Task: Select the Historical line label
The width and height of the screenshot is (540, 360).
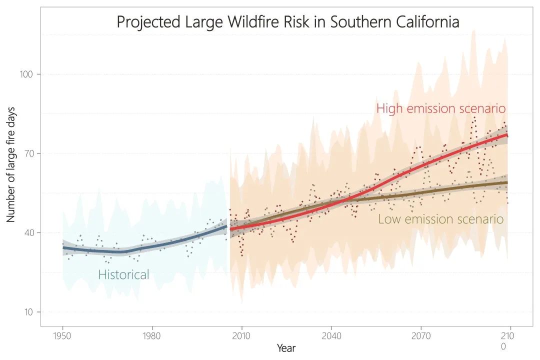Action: pos(123,274)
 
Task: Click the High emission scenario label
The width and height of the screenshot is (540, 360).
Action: pos(441,108)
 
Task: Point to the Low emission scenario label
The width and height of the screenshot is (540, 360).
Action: pos(440,219)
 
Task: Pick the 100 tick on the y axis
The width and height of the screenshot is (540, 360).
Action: pos(26,74)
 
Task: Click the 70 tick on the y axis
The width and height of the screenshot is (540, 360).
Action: pos(28,153)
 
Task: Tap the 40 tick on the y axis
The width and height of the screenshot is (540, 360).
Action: pos(28,233)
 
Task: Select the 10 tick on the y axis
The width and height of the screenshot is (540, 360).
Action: pos(28,312)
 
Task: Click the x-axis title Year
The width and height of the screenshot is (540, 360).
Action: pos(286,348)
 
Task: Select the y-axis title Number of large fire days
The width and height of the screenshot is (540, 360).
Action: pos(11,164)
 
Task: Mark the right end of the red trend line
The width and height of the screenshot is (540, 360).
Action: pos(507,135)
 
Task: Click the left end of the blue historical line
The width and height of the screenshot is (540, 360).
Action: pos(63,247)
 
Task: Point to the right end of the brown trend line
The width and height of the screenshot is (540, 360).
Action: pos(507,182)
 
